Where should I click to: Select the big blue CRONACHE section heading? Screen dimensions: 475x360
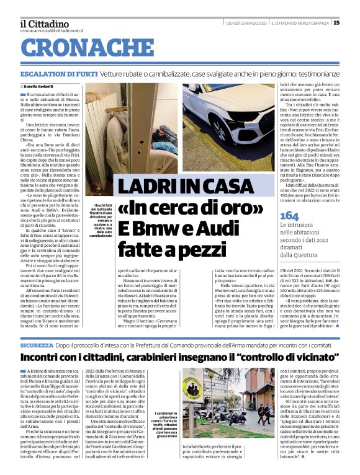point(78,47)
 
